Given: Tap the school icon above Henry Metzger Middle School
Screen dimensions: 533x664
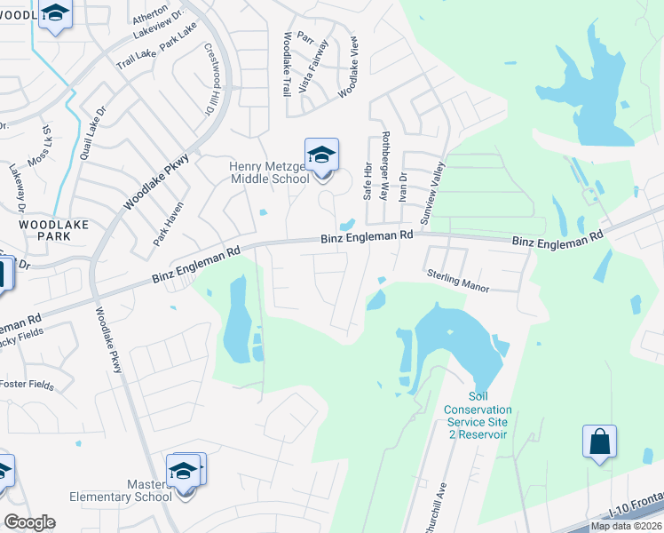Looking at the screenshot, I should [321, 155].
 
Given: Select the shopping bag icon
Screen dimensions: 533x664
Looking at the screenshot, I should [599, 442].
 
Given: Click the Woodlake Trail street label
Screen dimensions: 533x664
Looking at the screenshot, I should [287, 64].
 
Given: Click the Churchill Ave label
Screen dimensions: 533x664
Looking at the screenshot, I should [441, 510].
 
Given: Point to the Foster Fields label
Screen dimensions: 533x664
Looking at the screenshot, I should [27, 386].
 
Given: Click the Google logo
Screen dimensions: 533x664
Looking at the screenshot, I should [29, 521].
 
